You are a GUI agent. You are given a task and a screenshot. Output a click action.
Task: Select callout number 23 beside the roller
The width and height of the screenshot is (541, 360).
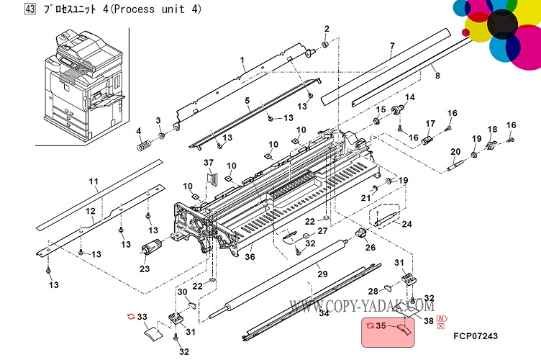tap(144, 269)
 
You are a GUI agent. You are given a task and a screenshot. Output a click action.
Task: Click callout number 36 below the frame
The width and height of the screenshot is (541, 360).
tap(250, 257)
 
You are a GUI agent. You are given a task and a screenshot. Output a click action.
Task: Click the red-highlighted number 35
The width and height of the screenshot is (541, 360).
tap(381, 326)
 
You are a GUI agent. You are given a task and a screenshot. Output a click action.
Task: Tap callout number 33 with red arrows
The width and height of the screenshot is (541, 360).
tap(142, 316)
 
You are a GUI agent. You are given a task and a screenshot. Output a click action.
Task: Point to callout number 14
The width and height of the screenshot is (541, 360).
tap(410, 97)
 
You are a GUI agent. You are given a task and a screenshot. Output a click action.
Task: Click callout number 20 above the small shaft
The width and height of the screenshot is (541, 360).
tap(455, 151)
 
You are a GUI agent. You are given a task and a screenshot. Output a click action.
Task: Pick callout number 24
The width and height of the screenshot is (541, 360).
tap(406, 225)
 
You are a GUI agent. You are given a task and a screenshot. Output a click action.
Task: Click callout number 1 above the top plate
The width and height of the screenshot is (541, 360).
tap(242, 59)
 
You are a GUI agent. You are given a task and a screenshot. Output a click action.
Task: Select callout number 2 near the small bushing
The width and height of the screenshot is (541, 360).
tap(326, 29)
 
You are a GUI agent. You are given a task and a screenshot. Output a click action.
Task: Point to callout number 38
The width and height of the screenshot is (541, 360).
tap(428, 323)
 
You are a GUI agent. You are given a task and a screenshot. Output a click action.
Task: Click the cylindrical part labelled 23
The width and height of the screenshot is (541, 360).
tap(152, 248)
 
